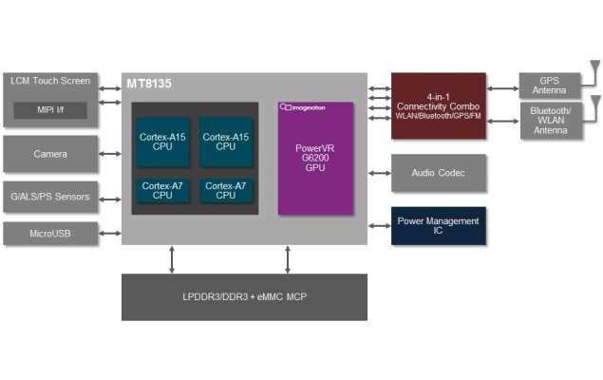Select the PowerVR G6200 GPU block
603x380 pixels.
315,158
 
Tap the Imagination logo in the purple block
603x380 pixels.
303,108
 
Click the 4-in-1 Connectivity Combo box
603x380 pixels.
439,105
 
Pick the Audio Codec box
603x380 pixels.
439,173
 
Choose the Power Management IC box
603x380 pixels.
439,225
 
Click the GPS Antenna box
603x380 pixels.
549,85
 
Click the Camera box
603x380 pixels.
50,154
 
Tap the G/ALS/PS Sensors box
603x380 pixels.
50,198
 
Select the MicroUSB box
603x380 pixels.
50,233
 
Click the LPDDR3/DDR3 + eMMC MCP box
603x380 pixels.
244,297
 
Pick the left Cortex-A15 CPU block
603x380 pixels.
163,142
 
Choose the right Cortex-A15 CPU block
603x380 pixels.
225,142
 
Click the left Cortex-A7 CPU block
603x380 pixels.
163,191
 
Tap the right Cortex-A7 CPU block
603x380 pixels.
225,191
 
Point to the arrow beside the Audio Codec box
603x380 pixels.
380,173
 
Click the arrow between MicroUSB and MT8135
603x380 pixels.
110,233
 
